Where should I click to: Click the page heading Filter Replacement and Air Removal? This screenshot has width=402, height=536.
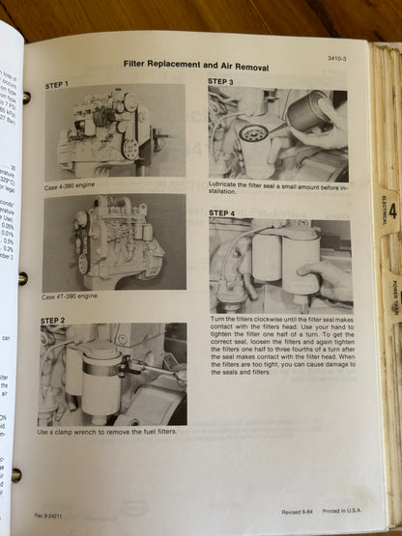(196, 66)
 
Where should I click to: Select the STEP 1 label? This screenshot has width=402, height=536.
(57, 86)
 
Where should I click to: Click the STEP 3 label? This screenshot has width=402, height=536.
(221, 82)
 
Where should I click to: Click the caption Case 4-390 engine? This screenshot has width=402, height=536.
(70, 186)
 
